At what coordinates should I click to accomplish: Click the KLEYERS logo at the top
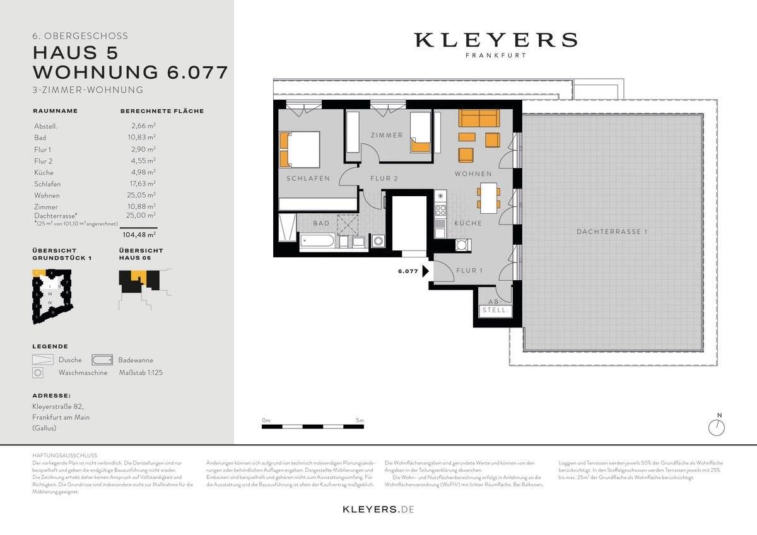[495, 40]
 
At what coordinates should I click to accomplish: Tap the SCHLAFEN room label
[308, 179]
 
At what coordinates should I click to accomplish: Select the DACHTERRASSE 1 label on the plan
[612, 232]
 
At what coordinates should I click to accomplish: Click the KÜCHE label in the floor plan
[467, 223]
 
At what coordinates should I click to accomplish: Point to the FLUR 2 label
[384, 179]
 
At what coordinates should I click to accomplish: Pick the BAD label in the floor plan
[321, 223]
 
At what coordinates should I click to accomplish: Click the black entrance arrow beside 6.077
[426, 271]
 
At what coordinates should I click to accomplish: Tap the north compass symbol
[717, 427]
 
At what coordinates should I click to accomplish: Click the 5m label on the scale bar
[359, 420]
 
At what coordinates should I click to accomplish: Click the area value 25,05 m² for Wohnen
[141, 195]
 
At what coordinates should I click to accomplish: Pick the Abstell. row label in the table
[45, 126]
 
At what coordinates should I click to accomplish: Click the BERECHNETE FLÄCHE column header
[161, 111]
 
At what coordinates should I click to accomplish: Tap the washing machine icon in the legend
[38, 373]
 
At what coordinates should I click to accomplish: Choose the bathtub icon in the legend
[103, 360]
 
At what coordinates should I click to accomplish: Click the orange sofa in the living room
[478, 118]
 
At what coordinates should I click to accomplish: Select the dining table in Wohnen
[487, 196]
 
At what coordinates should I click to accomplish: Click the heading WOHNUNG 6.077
[130, 72]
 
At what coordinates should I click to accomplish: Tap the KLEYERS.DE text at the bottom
[378, 509]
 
